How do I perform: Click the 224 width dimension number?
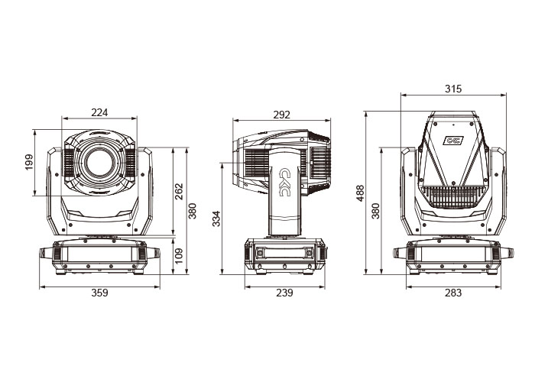(x=99, y=112)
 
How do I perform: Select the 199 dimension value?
(x=29, y=163)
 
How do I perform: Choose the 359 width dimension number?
(x=100, y=293)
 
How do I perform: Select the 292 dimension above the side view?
(x=281, y=115)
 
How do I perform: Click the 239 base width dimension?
(x=285, y=293)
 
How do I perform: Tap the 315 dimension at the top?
(x=453, y=89)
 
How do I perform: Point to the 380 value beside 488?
(x=375, y=210)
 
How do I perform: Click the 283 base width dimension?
(x=454, y=293)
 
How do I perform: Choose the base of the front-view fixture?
(x=99, y=256)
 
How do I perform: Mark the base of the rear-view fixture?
(x=454, y=256)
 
